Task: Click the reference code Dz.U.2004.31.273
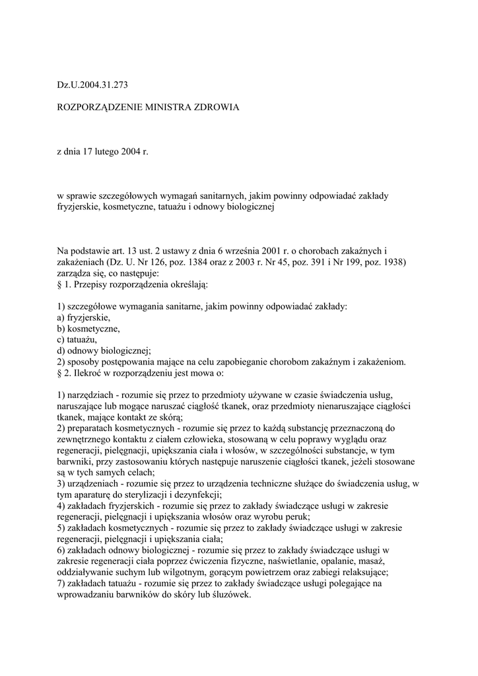[x=92, y=85]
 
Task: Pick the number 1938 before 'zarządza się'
[x=392, y=262]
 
